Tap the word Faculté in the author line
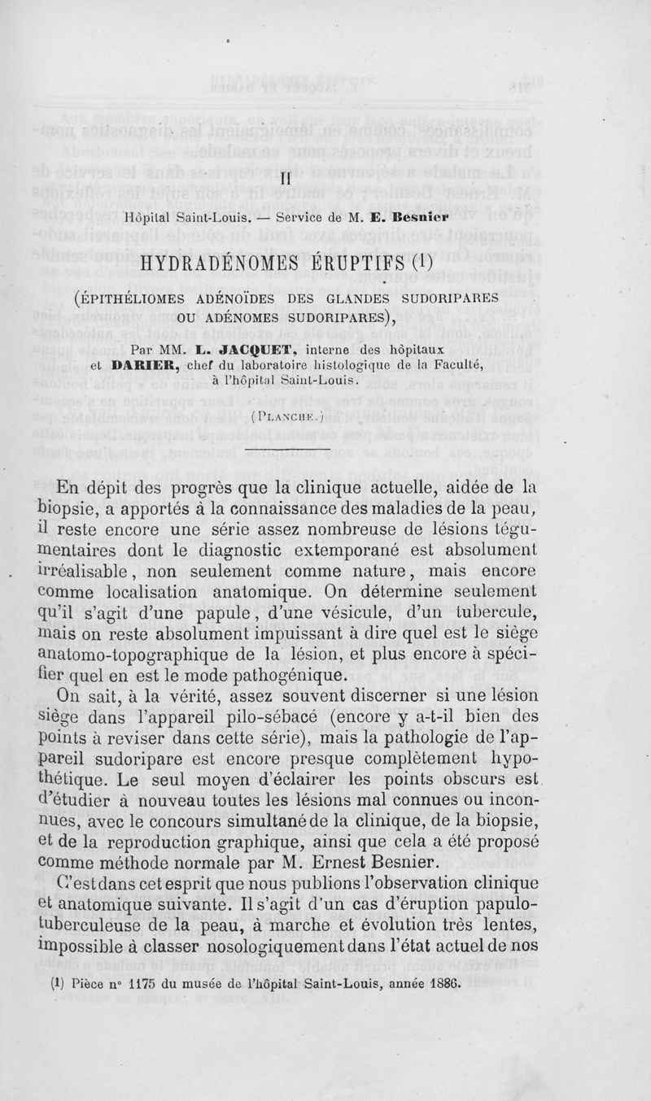coord(517,364)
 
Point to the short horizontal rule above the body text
coord(287,448)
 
